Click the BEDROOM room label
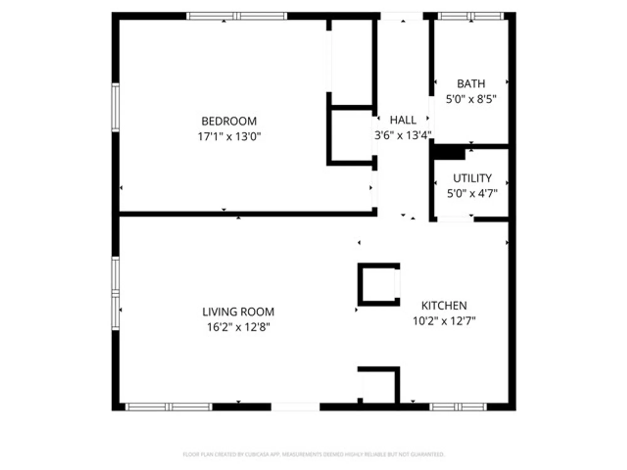pyautogui.click(x=229, y=121)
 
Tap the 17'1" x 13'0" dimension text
pyautogui.click(x=229, y=137)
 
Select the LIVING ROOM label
pyautogui.click(x=238, y=312)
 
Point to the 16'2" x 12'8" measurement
pyautogui.click(x=238, y=327)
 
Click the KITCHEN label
pyautogui.click(x=444, y=305)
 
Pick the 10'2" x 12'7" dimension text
pyautogui.click(x=444, y=321)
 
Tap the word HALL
pyautogui.click(x=403, y=120)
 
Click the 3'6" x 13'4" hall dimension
pyautogui.click(x=403, y=135)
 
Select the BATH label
pyautogui.click(x=471, y=84)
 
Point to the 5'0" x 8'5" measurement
pyautogui.click(x=471, y=99)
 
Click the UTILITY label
pyautogui.click(x=472, y=178)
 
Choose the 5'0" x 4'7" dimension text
pyautogui.click(x=472, y=194)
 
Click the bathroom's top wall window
pyautogui.click(x=471, y=16)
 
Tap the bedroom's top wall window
pyautogui.click(x=237, y=16)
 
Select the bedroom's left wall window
pyautogui.click(x=115, y=107)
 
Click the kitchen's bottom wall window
pyautogui.click(x=458, y=407)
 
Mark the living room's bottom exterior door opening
pyautogui.click(x=295, y=407)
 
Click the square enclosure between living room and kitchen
pyautogui.click(x=378, y=285)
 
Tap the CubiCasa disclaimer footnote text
pyautogui.click(x=313, y=454)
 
